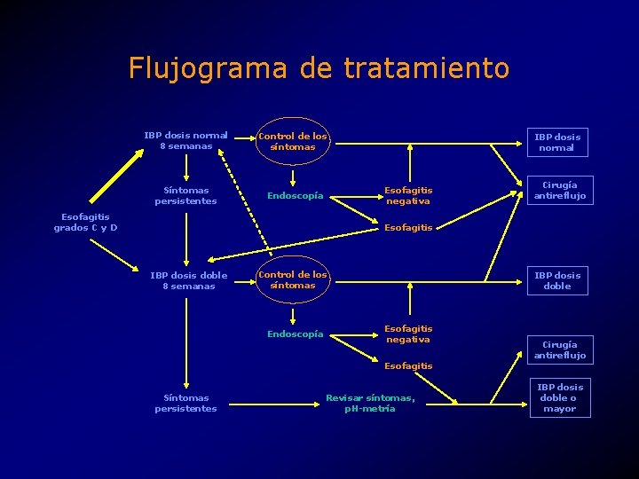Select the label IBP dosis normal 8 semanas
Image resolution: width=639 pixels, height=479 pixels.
(186, 141)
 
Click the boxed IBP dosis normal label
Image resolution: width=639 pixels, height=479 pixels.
(556, 142)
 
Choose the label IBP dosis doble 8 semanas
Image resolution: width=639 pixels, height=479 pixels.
(188, 280)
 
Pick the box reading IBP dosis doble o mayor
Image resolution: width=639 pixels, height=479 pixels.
(559, 398)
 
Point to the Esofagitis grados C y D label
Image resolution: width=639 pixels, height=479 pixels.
(85, 222)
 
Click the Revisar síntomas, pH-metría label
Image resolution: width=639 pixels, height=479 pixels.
(370, 404)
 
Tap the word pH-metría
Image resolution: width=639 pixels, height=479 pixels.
(370, 409)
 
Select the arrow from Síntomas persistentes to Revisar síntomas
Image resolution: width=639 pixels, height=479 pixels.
(270, 404)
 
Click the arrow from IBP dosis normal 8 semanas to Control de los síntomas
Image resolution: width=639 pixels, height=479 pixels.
(239, 142)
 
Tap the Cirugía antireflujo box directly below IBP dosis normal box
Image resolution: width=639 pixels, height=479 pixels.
(559, 191)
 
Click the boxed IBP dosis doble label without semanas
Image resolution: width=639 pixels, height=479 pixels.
(557, 280)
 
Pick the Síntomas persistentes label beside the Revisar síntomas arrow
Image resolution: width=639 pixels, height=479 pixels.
(185, 404)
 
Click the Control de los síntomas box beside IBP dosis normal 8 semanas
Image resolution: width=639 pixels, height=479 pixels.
(293, 142)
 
